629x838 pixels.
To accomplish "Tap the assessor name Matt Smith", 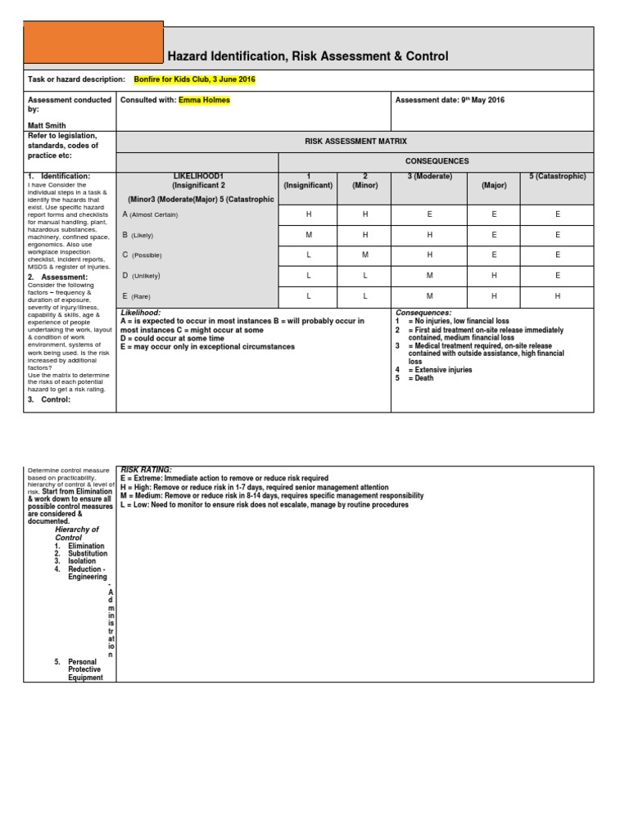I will [x=48, y=126].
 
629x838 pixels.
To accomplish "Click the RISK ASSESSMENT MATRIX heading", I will [x=355, y=142].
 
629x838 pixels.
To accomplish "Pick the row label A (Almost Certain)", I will [x=151, y=214].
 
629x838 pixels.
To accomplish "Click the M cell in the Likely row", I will [x=310, y=235].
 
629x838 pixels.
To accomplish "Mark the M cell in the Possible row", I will [x=365, y=255].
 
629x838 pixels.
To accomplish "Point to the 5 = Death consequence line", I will [x=414, y=379].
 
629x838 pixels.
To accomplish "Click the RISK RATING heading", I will [x=147, y=470].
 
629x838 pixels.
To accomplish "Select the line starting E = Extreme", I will [x=224, y=478].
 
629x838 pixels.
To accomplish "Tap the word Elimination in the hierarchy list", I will [x=86, y=546].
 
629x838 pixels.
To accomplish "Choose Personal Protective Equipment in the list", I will [x=85, y=669].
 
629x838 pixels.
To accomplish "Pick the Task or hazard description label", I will [x=77, y=80].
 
